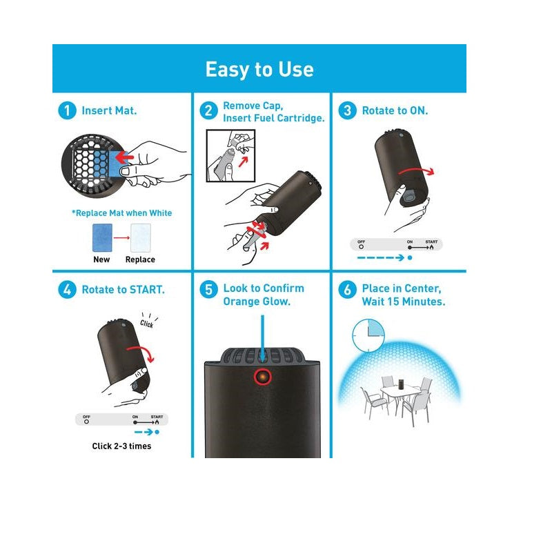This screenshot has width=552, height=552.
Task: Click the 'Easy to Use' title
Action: pyautogui.click(x=259, y=69)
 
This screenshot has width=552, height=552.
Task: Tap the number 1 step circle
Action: pyautogui.click(x=67, y=110)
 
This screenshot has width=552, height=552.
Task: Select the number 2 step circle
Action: pyautogui.click(x=208, y=110)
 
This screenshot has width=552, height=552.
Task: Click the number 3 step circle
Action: pyautogui.click(x=347, y=110)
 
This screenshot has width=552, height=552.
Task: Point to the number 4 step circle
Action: pyautogui.click(x=67, y=290)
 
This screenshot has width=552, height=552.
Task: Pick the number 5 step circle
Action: pyautogui.click(x=208, y=290)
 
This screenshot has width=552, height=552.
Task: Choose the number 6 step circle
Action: pyautogui.click(x=347, y=290)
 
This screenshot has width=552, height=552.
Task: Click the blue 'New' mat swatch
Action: pyautogui.click(x=102, y=237)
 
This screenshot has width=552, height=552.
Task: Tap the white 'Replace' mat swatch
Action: pyautogui.click(x=141, y=237)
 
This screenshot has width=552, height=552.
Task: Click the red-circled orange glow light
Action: pyautogui.click(x=263, y=377)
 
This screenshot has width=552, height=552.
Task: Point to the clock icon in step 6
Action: pyautogui.click(x=368, y=335)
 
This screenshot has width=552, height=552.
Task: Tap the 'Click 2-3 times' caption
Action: pyautogui.click(x=122, y=446)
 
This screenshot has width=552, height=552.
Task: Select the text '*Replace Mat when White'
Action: pyautogui.click(x=122, y=213)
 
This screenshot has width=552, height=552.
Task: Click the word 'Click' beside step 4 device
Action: pyautogui.click(x=147, y=324)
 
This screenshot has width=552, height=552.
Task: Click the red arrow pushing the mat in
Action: pyautogui.click(x=124, y=157)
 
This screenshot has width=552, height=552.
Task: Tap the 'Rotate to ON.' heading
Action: pyautogui.click(x=395, y=110)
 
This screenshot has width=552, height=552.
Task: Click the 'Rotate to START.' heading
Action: pyautogui.click(x=124, y=290)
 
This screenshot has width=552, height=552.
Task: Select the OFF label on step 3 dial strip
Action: pyautogui.click(x=361, y=242)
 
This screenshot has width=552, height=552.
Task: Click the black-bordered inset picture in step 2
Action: pyautogui.click(x=230, y=156)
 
